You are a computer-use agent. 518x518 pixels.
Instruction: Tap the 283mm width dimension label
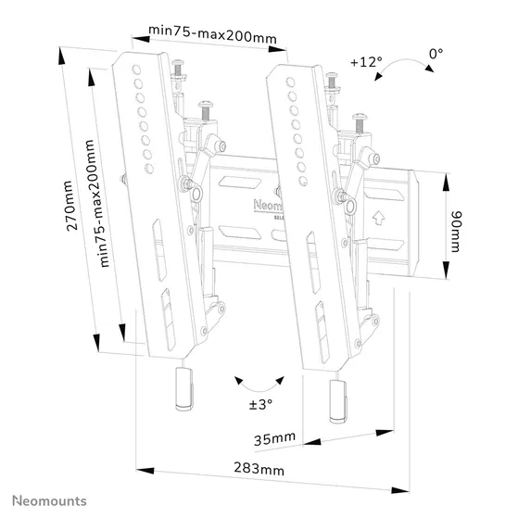tap(259, 470)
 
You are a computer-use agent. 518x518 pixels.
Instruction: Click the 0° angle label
tap(436, 56)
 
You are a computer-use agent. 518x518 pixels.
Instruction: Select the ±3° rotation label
tap(260, 404)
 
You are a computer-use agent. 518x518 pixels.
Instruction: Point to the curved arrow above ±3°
tap(259, 383)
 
